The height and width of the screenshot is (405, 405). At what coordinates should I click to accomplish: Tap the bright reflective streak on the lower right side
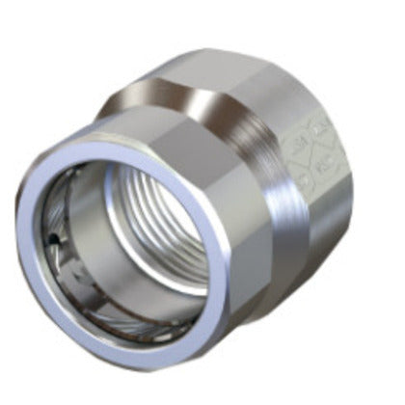pos(275,260)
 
